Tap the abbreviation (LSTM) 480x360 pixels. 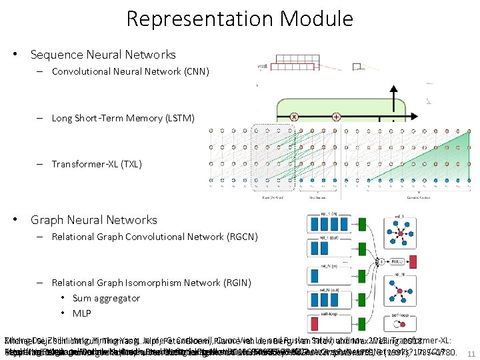click(x=178, y=118)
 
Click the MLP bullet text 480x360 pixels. click(x=82, y=313)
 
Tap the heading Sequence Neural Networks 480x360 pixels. click(x=103, y=55)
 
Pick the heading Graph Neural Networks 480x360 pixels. click(x=93, y=220)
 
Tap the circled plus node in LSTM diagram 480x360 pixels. click(x=336, y=117)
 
